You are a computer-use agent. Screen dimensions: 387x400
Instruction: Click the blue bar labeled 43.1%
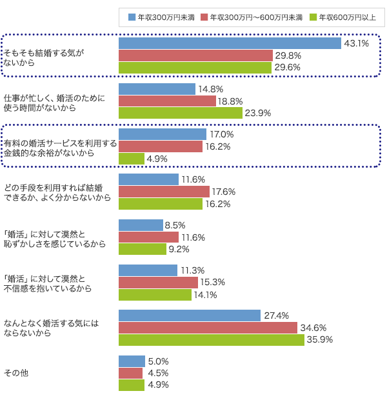[230, 43]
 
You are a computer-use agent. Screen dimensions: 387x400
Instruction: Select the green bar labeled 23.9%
[181, 113]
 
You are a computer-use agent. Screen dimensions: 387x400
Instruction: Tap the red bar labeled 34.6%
[208, 328]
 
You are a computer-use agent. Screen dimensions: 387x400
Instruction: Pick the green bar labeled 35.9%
[212, 340]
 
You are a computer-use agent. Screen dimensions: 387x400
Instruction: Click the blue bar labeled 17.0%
[163, 134]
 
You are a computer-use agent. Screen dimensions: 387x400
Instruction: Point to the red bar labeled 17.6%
[164, 192]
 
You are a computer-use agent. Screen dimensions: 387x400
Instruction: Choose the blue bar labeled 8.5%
[141, 225]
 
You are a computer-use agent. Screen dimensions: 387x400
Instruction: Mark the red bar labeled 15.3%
[159, 283]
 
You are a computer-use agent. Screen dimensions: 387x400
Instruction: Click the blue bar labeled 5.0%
[132, 361]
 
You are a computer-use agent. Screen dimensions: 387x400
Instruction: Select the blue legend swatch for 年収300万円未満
[132, 17]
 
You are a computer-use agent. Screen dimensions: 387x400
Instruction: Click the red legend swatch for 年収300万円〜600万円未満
[204, 17]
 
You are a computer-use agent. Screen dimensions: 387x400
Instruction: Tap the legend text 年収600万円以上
[348, 17]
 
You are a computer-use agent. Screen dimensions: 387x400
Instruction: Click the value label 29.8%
[288, 55]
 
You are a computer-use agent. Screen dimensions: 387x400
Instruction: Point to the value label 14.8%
[211, 89]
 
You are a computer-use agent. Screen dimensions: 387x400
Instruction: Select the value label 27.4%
[277, 315]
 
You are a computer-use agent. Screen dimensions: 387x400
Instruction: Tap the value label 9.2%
[179, 249]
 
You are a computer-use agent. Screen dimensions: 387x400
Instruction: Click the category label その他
[16, 373]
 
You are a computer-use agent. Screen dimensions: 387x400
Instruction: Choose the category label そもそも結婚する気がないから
[44, 57]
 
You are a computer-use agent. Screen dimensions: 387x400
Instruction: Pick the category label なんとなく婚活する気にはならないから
[51, 328]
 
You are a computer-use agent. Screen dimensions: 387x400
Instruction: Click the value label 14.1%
[205, 295]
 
